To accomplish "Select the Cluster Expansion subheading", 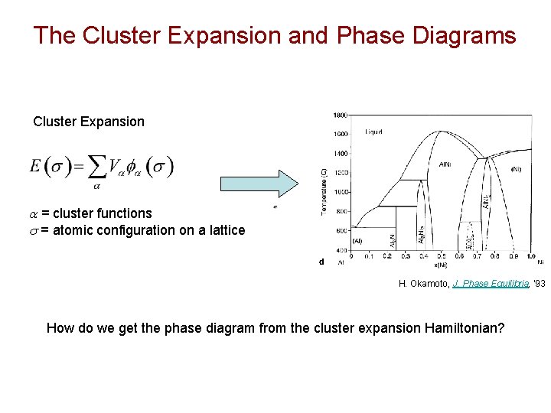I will click(88, 122).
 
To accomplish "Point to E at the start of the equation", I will click(36, 166).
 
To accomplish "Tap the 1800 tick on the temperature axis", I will click(340, 115).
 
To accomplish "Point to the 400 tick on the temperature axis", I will click(340, 250).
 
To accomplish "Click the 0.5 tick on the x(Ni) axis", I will click(441, 257).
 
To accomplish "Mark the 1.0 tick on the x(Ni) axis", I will click(530, 257).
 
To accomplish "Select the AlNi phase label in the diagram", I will click(445, 164).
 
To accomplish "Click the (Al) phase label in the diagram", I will click(357, 240).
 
